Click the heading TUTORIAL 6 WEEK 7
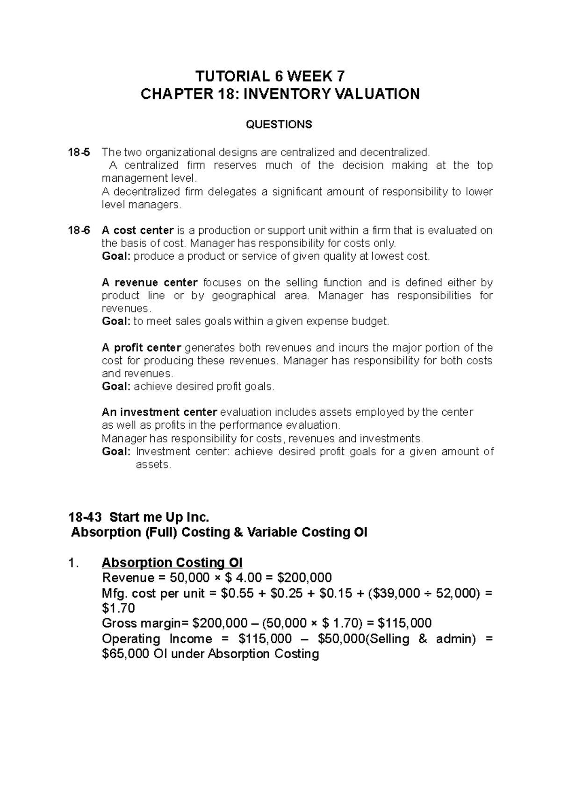point(280,76)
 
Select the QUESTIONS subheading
point(280,124)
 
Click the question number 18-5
point(80,152)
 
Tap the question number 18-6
point(80,230)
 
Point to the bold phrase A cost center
point(137,230)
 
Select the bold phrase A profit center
point(141,347)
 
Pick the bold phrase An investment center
point(159,412)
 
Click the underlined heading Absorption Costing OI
point(172,562)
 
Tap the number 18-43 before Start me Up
point(86,517)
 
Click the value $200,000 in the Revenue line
point(304,578)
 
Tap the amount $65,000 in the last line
point(125,654)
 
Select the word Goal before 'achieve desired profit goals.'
point(116,387)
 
